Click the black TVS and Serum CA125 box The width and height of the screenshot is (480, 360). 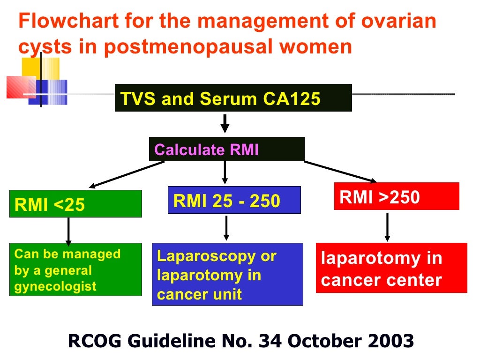pos(233,98)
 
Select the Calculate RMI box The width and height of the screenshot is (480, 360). pos(226,149)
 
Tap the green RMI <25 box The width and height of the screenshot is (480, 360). pos(75,204)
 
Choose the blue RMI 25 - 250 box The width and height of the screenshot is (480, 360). pos(234,201)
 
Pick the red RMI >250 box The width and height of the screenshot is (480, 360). pos(396,196)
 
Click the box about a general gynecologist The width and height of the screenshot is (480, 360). pos(75,270)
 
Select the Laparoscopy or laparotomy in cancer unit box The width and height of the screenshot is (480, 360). pos(227,274)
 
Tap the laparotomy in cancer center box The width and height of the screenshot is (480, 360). pos(391,268)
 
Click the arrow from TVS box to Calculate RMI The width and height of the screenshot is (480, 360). pos(225,123)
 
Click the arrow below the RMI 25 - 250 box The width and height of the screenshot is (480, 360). pos(226,228)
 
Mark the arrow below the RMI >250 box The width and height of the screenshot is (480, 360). pos(387,227)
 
